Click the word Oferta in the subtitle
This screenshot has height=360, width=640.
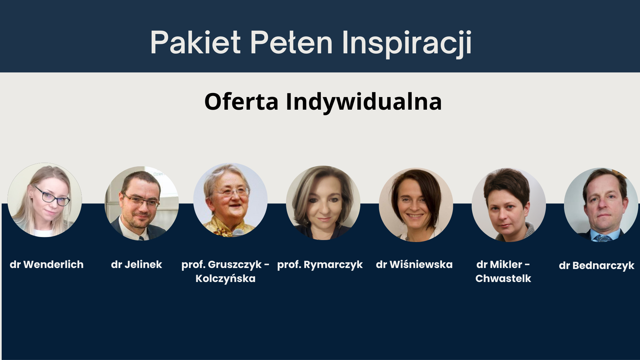coord(241,101)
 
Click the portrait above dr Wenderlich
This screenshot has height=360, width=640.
coord(45,200)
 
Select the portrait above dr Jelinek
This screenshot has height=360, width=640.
coord(142,203)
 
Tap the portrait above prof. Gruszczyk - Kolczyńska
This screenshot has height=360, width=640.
coord(230,200)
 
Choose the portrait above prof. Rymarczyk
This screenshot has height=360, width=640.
coord(323,203)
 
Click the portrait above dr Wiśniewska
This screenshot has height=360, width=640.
coord(416,205)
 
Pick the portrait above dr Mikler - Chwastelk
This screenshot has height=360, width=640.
coord(509,205)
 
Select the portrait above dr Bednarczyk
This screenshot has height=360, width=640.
coord(601,205)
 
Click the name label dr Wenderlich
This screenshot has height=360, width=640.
coord(47,265)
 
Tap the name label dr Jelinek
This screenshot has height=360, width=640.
coord(137,265)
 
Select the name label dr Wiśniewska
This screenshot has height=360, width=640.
coord(414,265)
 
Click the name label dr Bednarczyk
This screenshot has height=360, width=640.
coord(597,266)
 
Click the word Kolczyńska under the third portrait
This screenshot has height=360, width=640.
coord(226,279)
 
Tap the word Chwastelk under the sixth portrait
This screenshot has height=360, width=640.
coord(503,279)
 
